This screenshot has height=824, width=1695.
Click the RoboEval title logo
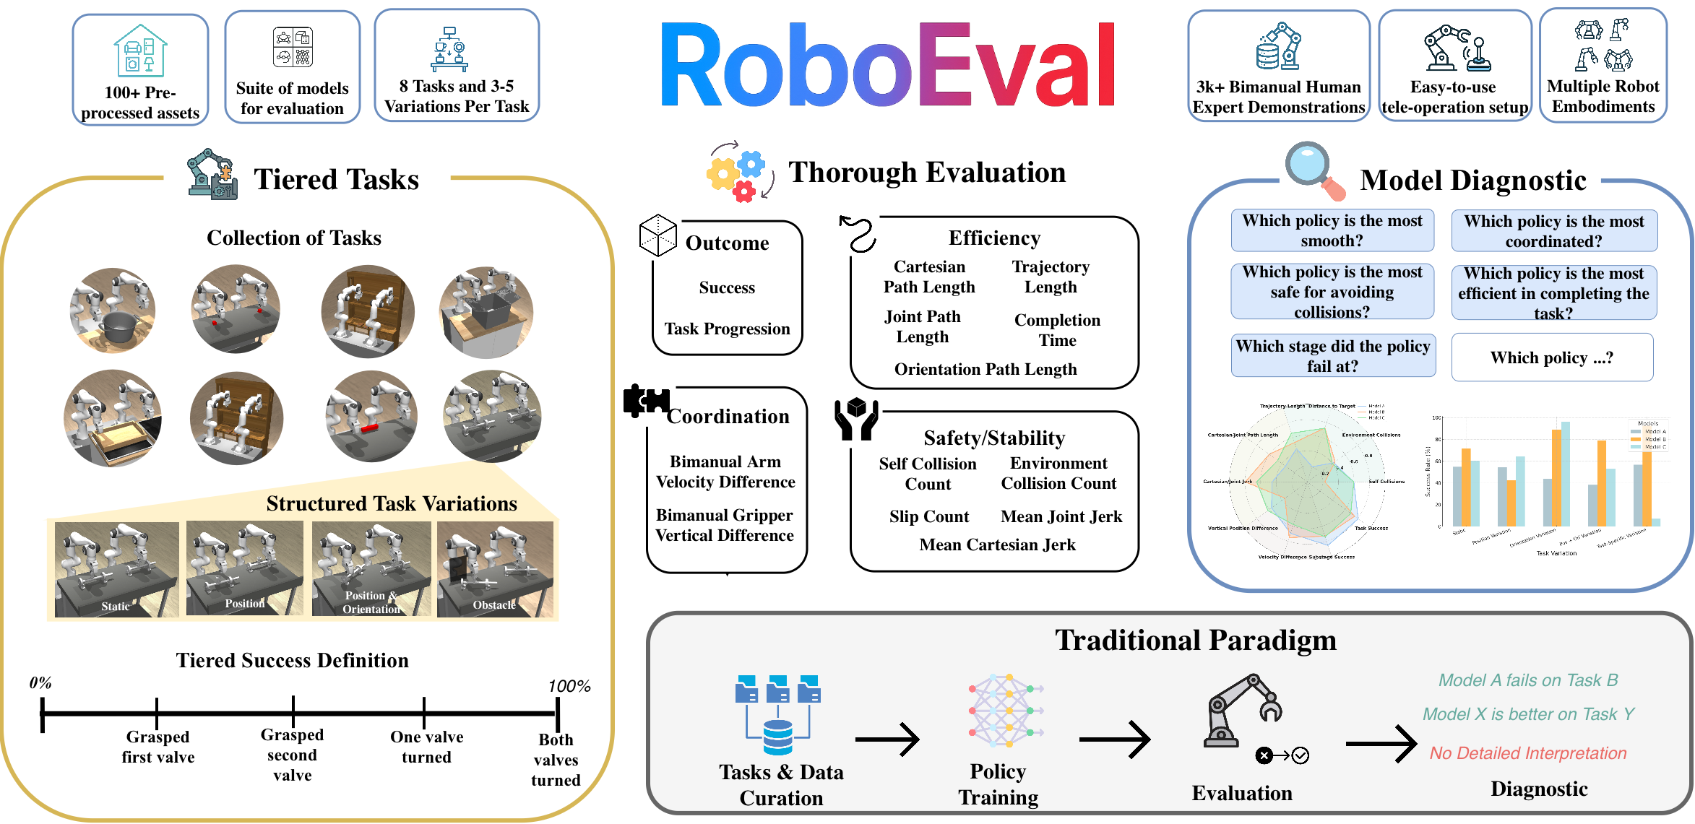tap(888, 65)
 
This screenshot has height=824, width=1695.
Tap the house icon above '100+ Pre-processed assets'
tap(140, 51)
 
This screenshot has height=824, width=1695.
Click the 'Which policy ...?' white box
tap(1552, 357)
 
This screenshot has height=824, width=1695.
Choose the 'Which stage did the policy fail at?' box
tap(1333, 355)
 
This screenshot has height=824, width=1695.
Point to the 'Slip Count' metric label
tap(928, 516)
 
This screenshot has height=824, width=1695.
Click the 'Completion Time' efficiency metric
tap(1057, 330)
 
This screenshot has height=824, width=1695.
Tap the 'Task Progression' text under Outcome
tap(727, 329)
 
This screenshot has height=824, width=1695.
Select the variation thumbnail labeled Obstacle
tap(495, 569)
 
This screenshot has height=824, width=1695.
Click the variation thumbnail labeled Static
tap(117, 569)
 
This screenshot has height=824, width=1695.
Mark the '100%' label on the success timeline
tap(569, 686)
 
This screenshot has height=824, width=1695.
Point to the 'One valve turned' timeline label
tap(426, 747)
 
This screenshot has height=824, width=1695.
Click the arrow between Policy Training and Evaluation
tap(1114, 740)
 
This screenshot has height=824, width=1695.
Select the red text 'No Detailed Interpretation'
tap(1527, 753)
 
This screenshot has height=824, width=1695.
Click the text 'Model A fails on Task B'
tap(1527, 680)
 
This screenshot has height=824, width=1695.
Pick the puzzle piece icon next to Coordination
tap(645, 401)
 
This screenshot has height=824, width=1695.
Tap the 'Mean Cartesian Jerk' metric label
tap(997, 545)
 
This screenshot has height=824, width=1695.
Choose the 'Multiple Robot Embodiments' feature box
tap(1603, 66)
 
